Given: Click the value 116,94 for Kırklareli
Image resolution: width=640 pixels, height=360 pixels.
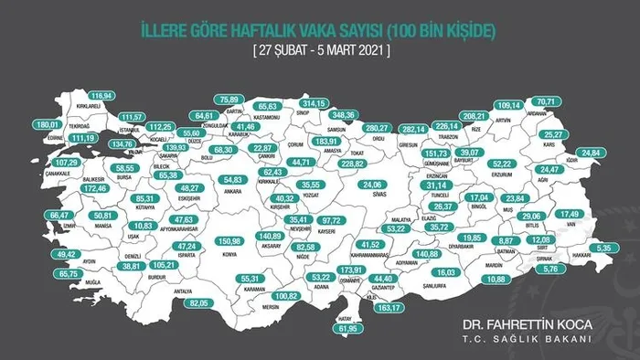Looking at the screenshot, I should tap(101, 95).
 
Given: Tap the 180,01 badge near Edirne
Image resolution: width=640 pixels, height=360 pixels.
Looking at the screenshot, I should tap(47, 124).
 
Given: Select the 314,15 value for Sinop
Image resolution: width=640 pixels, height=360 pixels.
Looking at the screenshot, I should tap(314, 103).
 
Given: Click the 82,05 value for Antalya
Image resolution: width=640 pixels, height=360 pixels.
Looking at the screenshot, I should tap(198, 302).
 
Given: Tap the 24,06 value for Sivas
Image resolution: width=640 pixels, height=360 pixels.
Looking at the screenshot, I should tap(371, 184).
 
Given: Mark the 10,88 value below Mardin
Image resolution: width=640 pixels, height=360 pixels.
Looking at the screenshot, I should tap(496, 279).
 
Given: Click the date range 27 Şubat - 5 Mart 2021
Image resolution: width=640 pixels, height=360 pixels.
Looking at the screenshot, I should tap(320, 51).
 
